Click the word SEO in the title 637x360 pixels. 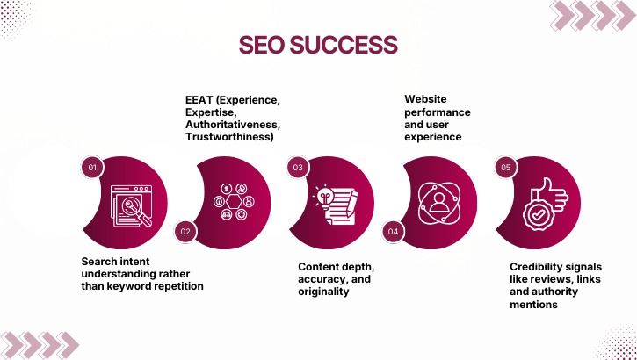264,46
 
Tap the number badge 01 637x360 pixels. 91,167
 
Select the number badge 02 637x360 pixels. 185,232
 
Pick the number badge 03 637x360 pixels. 298,167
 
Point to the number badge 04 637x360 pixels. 393,232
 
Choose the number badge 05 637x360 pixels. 505,167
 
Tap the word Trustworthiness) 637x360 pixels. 228,137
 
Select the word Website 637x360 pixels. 425,99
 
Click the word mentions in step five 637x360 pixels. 533,305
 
